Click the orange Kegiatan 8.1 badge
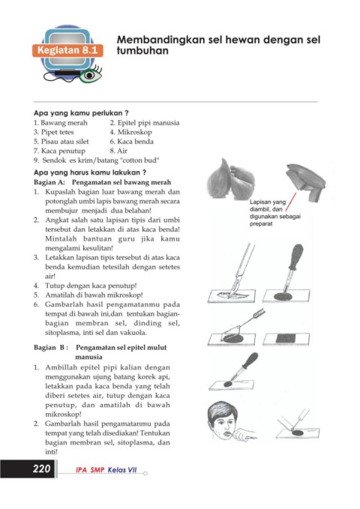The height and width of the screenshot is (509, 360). pyautogui.click(x=67, y=50)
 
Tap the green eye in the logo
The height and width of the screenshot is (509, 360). pyautogui.click(x=91, y=75)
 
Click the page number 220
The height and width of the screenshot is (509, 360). pyautogui.click(x=41, y=469)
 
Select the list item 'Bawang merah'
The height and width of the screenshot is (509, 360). pyautogui.click(x=61, y=123)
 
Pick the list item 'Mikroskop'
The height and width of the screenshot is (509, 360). pyautogui.click(x=130, y=132)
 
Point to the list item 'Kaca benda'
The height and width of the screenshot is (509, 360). pyautogui.click(x=131, y=142)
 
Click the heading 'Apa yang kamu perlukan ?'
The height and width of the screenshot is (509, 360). pyautogui.click(x=81, y=113)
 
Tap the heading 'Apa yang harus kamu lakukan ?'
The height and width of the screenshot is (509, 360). pyautogui.click(x=90, y=172)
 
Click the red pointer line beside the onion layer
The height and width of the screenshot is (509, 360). pyautogui.click(x=291, y=202)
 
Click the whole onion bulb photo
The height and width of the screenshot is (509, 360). pyautogui.click(x=231, y=179)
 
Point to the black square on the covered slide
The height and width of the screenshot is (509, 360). pyautogui.click(x=285, y=338)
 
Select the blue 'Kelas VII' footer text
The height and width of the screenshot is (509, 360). pyautogui.click(x=122, y=470)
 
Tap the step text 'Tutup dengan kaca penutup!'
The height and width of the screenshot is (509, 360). pyautogui.click(x=91, y=286)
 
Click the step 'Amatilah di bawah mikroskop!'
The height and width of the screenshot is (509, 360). pyautogui.click(x=94, y=295)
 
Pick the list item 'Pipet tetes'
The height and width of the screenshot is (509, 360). pyautogui.click(x=54, y=132)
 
